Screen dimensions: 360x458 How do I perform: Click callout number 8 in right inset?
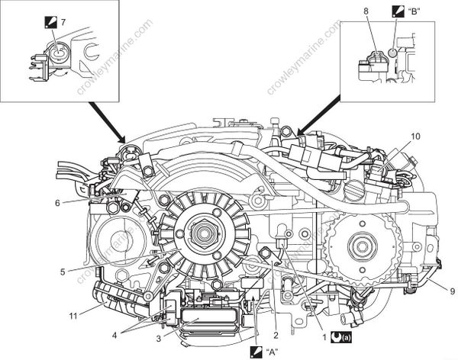(x=366, y=13)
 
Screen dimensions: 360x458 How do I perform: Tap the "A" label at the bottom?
(x=273, y=352)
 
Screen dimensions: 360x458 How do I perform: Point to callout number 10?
(x=416, y=137)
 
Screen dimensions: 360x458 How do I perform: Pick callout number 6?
(x=56, y=202)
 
